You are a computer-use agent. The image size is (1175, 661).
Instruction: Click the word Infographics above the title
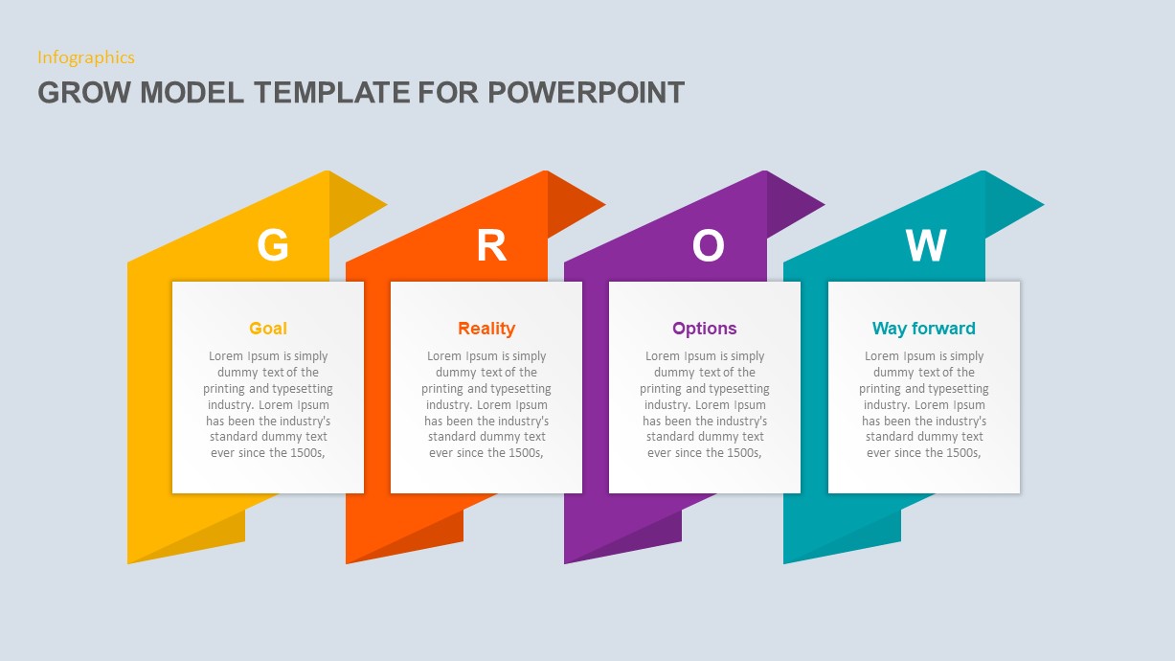86,57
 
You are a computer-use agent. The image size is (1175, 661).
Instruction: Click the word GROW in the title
84,92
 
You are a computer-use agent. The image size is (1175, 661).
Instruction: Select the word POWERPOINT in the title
586,92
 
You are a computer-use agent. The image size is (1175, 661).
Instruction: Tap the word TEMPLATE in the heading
332,92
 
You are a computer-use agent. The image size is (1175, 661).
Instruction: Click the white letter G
273,245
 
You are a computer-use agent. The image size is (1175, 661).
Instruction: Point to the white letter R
491,245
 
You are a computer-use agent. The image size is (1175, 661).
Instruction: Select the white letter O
708,245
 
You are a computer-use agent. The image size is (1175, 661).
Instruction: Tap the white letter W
926,245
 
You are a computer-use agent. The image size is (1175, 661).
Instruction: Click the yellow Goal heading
268,329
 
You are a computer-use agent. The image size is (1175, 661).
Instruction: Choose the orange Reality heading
486,329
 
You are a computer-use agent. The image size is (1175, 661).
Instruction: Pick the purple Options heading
705,329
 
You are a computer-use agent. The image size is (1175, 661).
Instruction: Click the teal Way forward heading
924,329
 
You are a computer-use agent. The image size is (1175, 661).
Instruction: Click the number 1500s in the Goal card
307,453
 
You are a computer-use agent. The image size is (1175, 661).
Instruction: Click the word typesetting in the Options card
738,389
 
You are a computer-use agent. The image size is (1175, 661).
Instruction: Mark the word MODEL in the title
192,92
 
